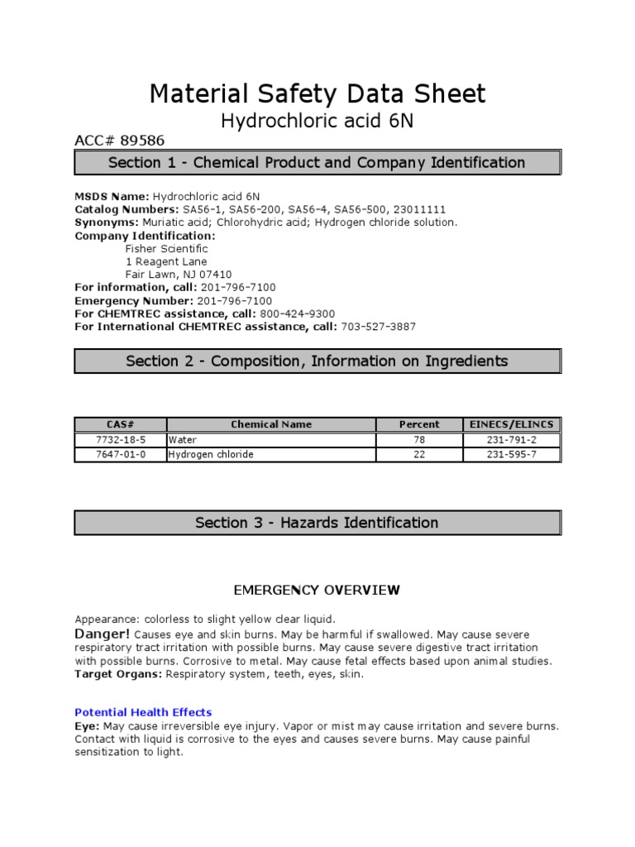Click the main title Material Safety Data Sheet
click(317, 93)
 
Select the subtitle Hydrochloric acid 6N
click(317, 122)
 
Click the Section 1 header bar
click(317, 163)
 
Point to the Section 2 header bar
click(317, 361)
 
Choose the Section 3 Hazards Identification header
click(317, 523)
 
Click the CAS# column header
click(121, 424)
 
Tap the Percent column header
click(419, 424)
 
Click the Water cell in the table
click(181, 440)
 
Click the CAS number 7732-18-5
click(121, 440)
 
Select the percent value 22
click(419, 455)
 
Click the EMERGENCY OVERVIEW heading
click(317, 591)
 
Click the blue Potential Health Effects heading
click(143, 712)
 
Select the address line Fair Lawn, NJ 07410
click(179, 274)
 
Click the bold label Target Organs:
click(118, 674)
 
